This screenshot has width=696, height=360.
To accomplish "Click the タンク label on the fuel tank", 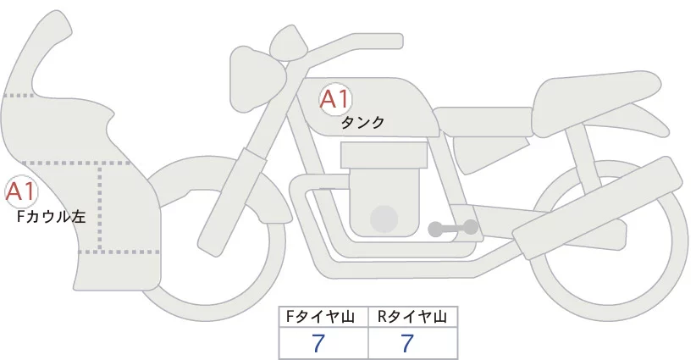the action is coord(362,123).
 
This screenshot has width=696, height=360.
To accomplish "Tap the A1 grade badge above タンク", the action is coord(334,99).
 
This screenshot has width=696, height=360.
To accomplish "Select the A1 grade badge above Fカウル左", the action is coord(20,191).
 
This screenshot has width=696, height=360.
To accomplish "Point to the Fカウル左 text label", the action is coord(52,217).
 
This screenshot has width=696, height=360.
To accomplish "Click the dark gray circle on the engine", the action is coord(385,219).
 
